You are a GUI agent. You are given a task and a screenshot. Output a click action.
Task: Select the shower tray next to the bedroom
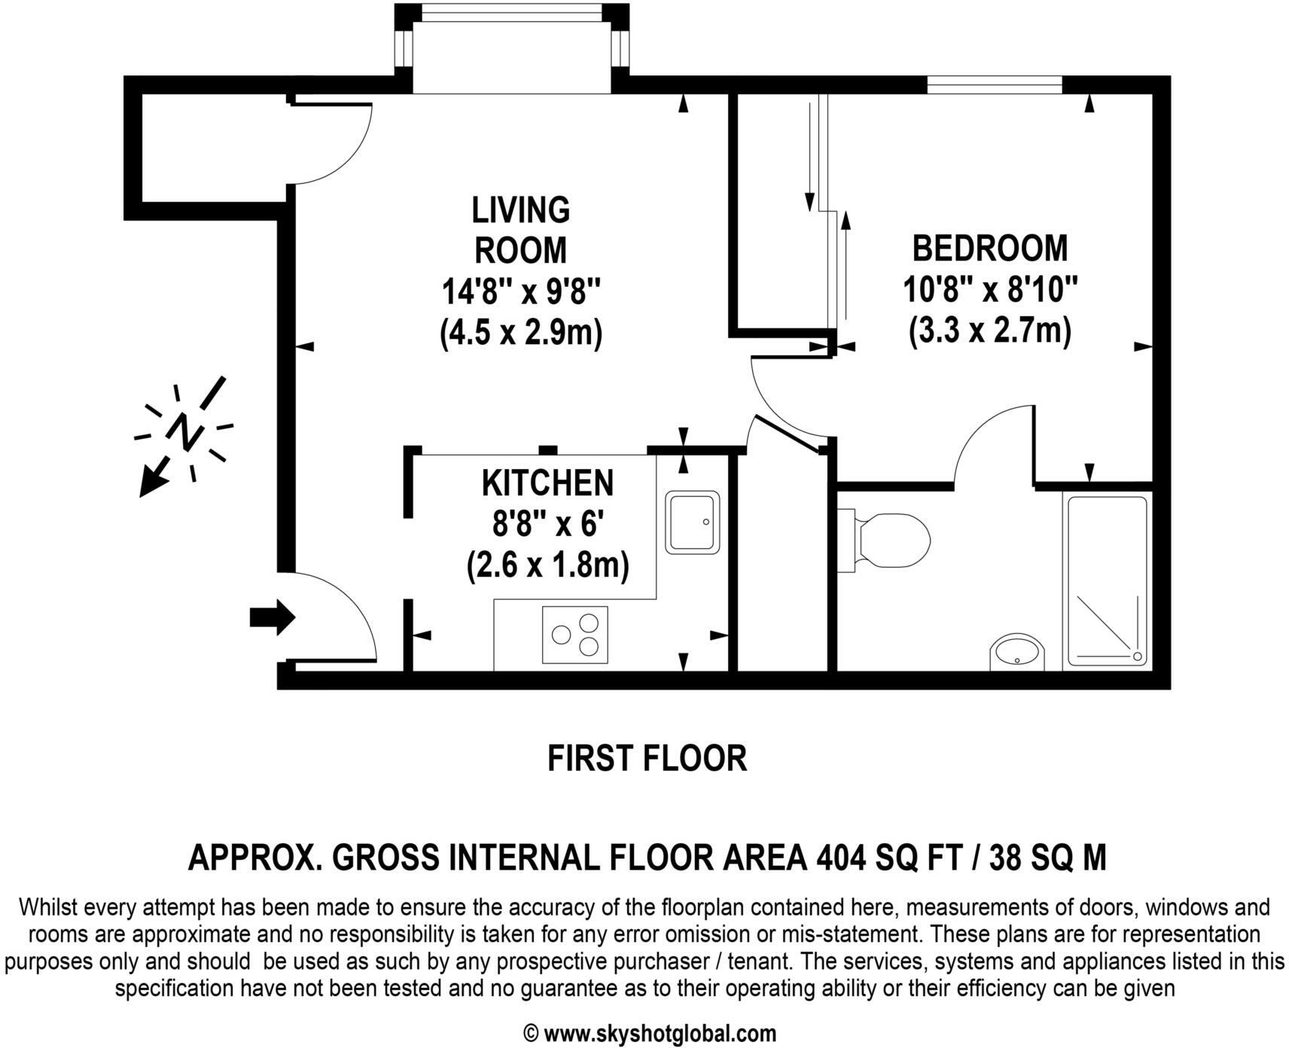1107,581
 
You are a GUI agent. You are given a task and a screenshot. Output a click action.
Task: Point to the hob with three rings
574,635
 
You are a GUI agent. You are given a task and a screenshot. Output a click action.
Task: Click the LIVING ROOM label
520,230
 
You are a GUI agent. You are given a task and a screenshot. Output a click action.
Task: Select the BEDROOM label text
989,248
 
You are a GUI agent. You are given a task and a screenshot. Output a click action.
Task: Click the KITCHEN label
547,483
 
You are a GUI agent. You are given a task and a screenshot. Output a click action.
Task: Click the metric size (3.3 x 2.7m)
989,331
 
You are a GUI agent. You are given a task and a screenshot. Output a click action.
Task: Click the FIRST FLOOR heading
646,758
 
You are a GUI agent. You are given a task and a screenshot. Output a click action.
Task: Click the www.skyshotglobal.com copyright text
649,1032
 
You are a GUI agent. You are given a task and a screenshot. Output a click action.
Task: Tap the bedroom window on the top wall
994,84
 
